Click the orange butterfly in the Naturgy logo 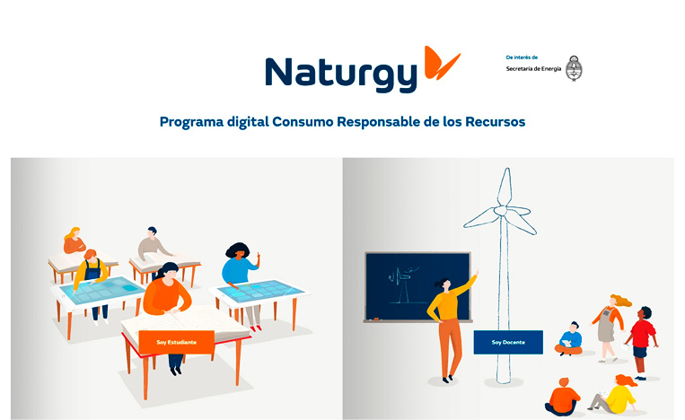tap(440, 64)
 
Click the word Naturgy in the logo tap(341, 74)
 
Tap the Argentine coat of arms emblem tap(574, 68)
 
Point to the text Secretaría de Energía tap(533, 69)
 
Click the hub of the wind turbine tap(501, 211)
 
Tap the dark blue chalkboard tap(418, 287)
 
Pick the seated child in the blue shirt tap(569, 339)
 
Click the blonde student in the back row tap(74, 241)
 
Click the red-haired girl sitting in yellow tap(614, 394)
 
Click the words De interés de tap(522, 57)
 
